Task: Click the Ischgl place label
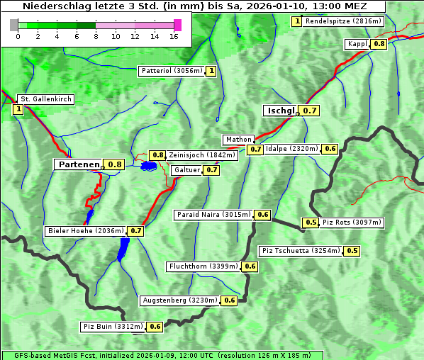280,111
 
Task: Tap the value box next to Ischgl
310,111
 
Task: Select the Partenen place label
79,164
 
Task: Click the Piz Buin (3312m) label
113,327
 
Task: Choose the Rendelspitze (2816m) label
344,21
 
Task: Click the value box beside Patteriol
211,71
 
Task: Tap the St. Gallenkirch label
45,99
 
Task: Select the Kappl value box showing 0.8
379,44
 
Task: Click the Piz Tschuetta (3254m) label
301,251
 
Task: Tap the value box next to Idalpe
330,149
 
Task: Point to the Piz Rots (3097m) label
352,223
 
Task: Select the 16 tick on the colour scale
174,35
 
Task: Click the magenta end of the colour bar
177,25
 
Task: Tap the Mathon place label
238,140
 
